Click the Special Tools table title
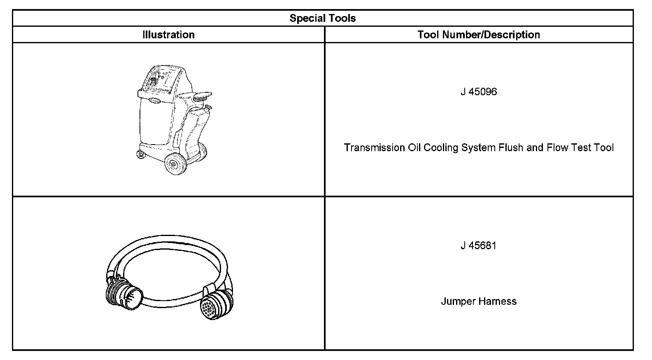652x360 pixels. (x=323, y=18)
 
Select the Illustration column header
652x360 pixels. (x=168, y=35)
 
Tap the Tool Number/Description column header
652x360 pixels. (x=479, y=35)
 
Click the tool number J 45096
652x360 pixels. (x=479, y=91)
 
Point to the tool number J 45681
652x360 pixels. (x=479, y=245)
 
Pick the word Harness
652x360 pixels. (x=497, y=301)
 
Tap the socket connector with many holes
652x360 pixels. (x=212, y=306)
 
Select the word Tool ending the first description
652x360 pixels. (x=604, y=147)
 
